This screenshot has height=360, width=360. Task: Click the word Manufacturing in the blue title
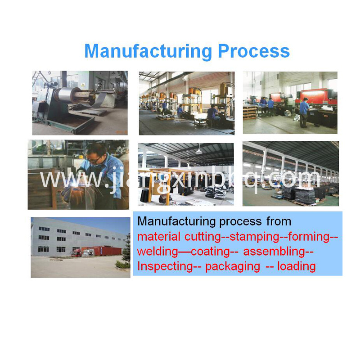(148, 52)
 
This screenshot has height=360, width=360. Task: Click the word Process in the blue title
(254, 51)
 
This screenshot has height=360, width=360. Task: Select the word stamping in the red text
(254, 237)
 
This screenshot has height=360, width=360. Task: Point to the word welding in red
(157, 251)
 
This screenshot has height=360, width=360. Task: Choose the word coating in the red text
(210, 252)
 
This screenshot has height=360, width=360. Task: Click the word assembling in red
(274, 252)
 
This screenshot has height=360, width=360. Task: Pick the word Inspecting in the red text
(165, 266)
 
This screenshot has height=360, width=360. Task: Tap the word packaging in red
(233, 267)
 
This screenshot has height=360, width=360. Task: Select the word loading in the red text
(297, 266)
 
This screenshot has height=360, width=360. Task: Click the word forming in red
(309, 237)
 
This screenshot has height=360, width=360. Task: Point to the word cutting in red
(202, 237)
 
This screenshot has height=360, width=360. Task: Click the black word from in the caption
(279, 221)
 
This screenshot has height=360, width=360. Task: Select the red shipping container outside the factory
(107, 251)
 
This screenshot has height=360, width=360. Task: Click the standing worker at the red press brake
(304, 112)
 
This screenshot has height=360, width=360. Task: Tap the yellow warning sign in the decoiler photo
(83, 85)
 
